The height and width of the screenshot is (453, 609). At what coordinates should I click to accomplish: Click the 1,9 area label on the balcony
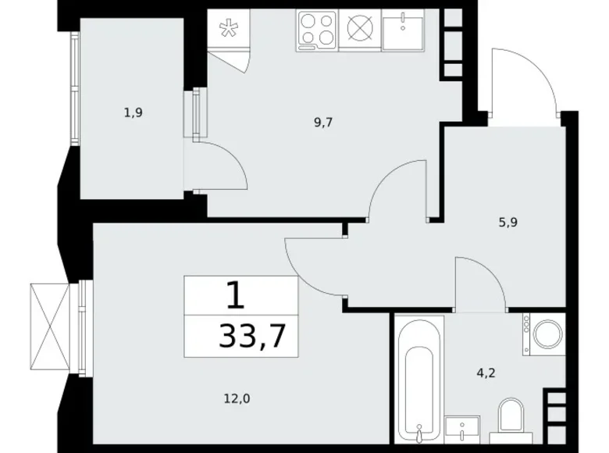tap(134, 113)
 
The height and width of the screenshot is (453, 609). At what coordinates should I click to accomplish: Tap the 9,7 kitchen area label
tap(323, 123)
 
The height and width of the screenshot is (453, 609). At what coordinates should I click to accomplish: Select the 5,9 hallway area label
tap(508, 223)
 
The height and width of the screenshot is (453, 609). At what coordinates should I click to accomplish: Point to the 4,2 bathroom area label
tap(486, 373)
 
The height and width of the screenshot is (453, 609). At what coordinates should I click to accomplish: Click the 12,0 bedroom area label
tap(237, 398)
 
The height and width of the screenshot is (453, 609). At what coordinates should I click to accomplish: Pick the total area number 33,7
tap(252, 337)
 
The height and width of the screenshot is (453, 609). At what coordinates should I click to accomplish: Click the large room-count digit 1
tap(236, 296)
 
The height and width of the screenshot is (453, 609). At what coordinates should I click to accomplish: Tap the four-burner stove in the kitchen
tap(317, 30)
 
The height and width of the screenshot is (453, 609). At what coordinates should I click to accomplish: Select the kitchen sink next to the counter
tap(403, 30)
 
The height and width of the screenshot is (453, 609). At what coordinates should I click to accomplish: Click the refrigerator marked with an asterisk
tap(229, 28)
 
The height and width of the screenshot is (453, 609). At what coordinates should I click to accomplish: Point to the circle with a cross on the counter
tap(360, 28)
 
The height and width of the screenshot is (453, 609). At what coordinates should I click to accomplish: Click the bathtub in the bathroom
tap(419, 379)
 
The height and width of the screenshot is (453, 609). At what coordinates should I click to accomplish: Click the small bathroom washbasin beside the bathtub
tap(462, 430)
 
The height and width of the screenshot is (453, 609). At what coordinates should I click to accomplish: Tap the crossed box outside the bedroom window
tap(50, 326)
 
